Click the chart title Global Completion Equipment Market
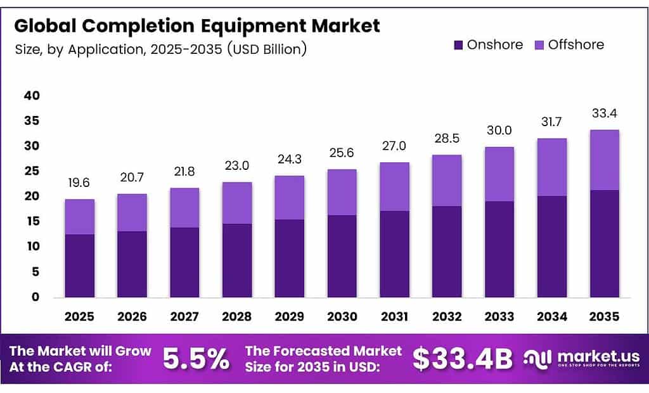click(x=197, y=26)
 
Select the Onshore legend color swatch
click(x=459, y=45)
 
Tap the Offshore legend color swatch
click(x=539, y=45)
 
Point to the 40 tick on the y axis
click(x=32, y=96)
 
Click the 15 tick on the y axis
click(x=32, y=221)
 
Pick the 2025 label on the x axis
click(x=79, y=316)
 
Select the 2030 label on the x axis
click(x=342, y=316)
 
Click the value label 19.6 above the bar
click(x=79, y=183)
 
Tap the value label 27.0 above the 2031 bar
click(x=394, y=146)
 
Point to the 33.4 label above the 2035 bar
click(x=604, y=113)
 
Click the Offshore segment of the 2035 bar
click(x=604, y=160)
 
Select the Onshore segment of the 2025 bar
click(x=79, y=266)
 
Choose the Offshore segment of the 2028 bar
click(x=237, y=203)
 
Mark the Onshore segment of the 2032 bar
click(x=447, y=251)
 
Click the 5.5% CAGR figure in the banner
click(x=196, y=359)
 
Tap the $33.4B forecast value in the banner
click(x=462, y=359)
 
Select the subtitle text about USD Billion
click(x=160, y=49)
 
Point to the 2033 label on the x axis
click(x=499, y=316)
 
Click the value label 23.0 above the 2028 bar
click(x=237, y=166)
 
